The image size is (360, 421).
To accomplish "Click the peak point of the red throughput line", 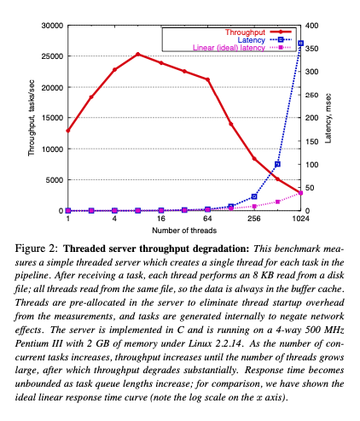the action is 138,54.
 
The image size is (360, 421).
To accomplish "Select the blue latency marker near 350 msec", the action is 301,43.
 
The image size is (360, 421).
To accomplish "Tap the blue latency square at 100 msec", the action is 277,164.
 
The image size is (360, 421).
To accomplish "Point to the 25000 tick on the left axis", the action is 52,56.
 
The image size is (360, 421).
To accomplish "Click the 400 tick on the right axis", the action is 312,26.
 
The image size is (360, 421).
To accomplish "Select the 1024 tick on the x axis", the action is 301,219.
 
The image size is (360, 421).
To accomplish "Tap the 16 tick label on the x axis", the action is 161,219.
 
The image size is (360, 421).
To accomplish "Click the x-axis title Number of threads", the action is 184,231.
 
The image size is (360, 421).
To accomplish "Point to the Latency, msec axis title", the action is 328,118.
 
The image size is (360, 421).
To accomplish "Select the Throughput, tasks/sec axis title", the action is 31,118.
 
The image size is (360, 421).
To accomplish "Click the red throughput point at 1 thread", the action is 68,131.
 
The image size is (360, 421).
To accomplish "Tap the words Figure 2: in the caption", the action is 37,249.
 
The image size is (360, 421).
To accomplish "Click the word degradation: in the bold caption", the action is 221,249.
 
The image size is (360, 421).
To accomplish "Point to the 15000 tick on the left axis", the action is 52,118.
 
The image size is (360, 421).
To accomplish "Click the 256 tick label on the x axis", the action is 254,219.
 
